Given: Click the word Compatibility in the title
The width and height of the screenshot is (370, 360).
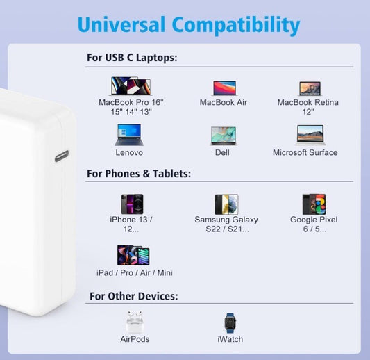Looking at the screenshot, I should (x=236, y=26).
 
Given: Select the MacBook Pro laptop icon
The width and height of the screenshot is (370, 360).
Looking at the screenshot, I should (x=130, y=86).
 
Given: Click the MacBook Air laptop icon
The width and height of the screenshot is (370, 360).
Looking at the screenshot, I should (x=224, y=88).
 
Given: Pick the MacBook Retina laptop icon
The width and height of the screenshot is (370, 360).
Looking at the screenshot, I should (x=310, y=88).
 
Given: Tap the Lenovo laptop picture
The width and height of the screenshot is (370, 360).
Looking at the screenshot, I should (x=128, y=134).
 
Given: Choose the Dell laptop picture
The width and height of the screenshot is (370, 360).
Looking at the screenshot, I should (x=224, y=135).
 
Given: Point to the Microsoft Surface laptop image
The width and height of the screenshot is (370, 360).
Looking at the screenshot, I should (x=310, y=135).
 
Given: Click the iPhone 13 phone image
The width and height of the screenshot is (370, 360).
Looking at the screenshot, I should (x=131, y=204).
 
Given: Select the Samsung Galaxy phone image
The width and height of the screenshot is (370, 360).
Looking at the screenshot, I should (x=226, y=204).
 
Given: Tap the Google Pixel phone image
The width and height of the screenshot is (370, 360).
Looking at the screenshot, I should (x=314, y=204).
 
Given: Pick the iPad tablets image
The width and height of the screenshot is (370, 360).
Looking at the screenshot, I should (x=133, y=255).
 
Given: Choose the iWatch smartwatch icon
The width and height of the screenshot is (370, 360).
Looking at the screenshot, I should (x=230, y=322).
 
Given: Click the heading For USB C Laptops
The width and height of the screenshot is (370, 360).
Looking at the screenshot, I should (x=132, y=58).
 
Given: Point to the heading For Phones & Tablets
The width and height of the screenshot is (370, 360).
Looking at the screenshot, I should (x=139, y=174).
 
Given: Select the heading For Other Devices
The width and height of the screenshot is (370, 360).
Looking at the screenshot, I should (x=133, y=297).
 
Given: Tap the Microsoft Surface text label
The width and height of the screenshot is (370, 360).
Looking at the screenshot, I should (x=305, y=152).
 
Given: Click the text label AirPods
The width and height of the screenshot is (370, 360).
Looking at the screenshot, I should (x=135, y=339).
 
